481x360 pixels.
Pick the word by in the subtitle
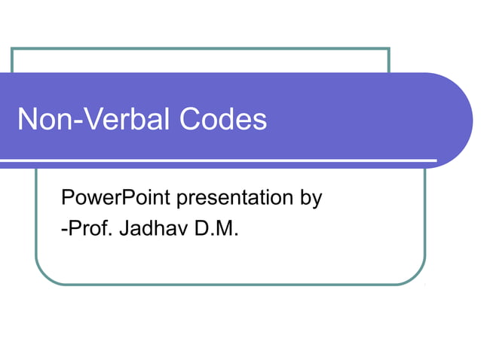[311, 200]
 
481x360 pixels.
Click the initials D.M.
[217, 227]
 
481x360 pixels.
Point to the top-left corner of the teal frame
[12, 49]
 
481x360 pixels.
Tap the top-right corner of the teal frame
[388, 49]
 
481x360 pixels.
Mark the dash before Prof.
[63, 229]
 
